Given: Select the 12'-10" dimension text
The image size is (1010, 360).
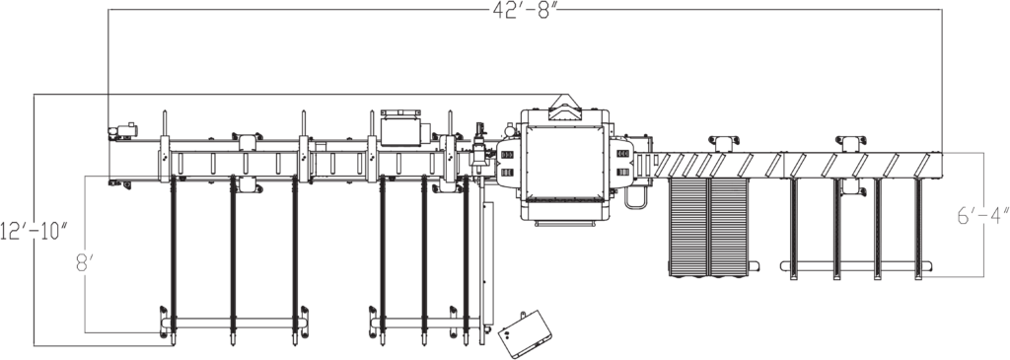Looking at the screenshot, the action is pos(35,231).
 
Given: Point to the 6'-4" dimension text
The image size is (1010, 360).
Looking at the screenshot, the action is pos(983,217).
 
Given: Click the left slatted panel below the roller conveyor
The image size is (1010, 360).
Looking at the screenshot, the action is pos(689,225).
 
